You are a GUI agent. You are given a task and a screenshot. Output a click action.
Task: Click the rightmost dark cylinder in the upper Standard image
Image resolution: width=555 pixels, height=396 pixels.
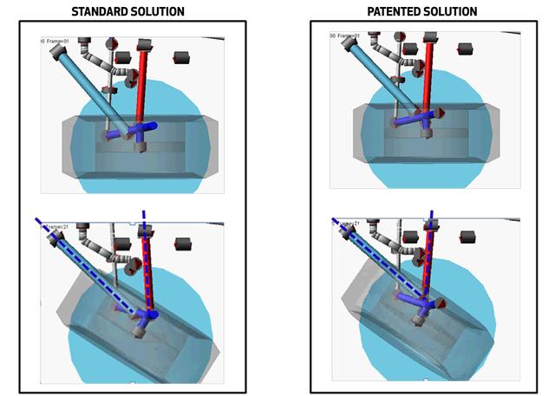click(181, 57)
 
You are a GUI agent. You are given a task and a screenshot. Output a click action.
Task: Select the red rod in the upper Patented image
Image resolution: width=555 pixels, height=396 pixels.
click(429, 78)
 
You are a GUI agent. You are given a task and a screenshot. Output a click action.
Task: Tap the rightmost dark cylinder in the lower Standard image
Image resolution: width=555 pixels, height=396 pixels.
click(182, 243)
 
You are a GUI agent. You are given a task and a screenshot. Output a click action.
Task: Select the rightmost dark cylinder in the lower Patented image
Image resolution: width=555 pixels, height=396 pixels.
click(468, 236)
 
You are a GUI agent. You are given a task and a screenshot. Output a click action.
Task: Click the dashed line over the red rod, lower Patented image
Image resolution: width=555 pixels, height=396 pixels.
click(428, 260)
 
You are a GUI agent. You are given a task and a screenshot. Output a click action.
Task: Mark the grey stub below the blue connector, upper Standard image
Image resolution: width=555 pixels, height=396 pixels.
click(139, 146)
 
